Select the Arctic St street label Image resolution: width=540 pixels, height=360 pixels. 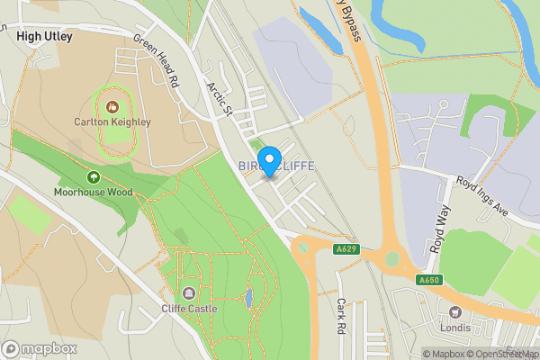coord(220,98)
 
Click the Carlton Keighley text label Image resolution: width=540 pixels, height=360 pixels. coord(112,121)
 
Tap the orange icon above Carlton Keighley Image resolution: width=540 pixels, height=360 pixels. coord(112,106)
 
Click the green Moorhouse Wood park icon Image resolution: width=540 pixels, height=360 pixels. coord(94,176)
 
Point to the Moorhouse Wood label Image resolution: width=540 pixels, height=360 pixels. coord(94,192)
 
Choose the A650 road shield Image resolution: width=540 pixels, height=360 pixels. coord(429,280)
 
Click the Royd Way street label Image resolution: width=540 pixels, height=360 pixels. coord(438,228)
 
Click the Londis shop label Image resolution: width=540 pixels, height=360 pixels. coord(454,327)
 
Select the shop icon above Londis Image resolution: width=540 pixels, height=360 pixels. coord(454,312)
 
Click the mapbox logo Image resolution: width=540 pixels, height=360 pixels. coord(40,347)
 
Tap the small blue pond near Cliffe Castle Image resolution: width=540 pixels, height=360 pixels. coord(247,296)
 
